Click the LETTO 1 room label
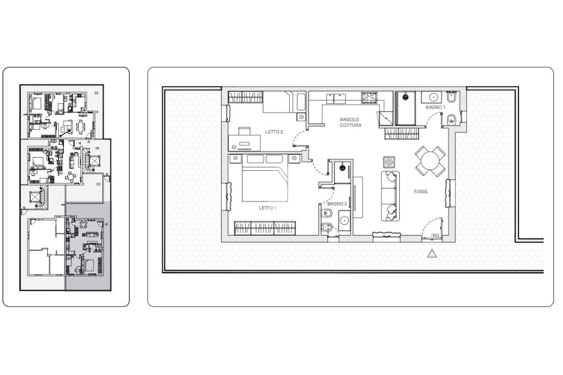click(268, 208)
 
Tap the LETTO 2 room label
click(274, 132)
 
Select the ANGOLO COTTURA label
click(350, 122)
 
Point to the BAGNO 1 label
click(435, 107)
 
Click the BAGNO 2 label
click(337, 204)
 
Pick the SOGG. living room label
click(421, 192)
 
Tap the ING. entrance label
click(435, 236)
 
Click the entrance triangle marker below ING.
click(433, 254)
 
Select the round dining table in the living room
click(430, 161)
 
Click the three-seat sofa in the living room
click(390, 196)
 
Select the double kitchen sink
click(336, 98)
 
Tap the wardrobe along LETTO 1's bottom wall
click(265, 228)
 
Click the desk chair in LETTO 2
click(245, 131)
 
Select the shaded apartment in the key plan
click(88, 246)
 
